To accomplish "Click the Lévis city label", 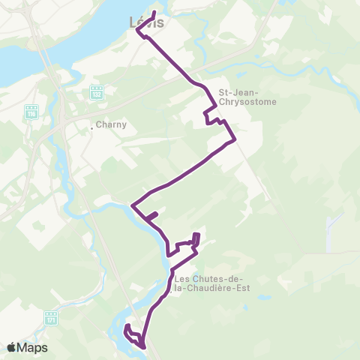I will [x=147, y=22].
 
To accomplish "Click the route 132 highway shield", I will [x=96, y=92].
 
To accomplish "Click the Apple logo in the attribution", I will [x=12, y=347].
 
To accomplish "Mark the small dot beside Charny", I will [x=92, y=127].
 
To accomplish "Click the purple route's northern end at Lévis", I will [x=154, y=13].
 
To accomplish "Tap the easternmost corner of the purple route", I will [x=235, y=139].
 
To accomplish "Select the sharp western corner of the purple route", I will [x=133, y=205].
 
